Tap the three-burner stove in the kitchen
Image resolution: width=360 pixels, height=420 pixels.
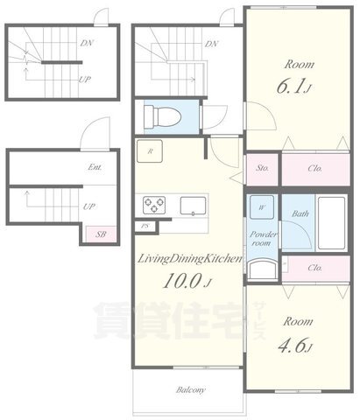tap(154, 205)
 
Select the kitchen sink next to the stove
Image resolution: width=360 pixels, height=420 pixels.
tap(193, 206)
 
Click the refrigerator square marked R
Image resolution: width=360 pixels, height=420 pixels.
tap(150, 151)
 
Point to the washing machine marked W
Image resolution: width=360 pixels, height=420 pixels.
tap(262, 207)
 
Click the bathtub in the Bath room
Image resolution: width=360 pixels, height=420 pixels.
tap(331, 223)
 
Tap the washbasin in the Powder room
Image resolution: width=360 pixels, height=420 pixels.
tap(263, 269)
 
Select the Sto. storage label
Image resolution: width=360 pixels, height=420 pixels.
tap(263, 168)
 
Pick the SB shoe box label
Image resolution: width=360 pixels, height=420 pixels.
tap(101, 234)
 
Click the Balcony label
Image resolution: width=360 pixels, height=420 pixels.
tap(191, 390)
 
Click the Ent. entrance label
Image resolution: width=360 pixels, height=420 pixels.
tap(95, 167)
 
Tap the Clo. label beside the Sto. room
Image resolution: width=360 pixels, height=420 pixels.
tap(315, 168)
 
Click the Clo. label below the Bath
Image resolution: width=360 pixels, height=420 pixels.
tap(315, 268)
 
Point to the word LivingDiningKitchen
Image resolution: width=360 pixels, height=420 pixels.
tap(189, 259)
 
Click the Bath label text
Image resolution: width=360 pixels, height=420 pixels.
tap(300, 213)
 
